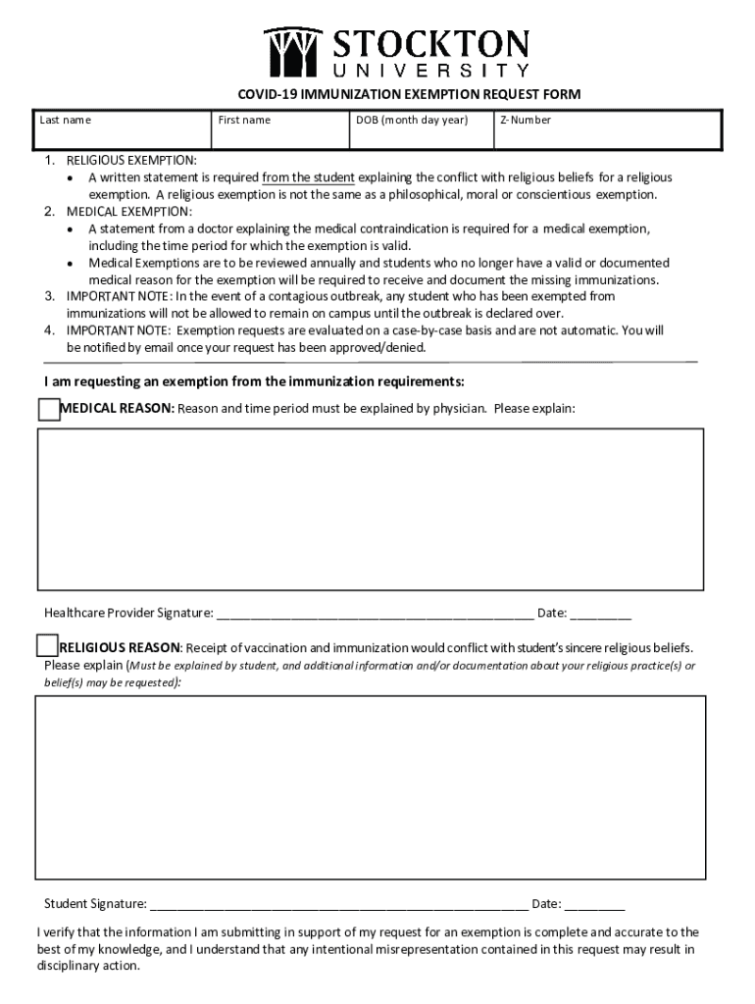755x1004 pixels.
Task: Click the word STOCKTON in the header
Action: click(x=431, y=44)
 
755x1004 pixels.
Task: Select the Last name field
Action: click(x=123, y=132)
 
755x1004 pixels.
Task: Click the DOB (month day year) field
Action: click(x=421, y=132)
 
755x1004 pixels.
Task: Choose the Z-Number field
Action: click(x=607, y=132)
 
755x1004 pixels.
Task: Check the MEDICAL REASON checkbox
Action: click(x=49, y=409)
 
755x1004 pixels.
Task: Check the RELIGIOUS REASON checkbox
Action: click(x=47, y=646)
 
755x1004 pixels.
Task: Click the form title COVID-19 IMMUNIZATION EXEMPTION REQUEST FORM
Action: click(x=409, y=95)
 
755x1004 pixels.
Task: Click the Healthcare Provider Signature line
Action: click(x=375, y=615)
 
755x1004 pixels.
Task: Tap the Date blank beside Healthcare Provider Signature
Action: click(x=600, y=615)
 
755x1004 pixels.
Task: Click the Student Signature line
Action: click(x=338, y=905)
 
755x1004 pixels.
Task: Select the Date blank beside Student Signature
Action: click(x=594, y=905)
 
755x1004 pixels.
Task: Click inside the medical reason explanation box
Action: click(x=371, y=509)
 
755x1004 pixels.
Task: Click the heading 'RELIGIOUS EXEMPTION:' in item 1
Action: click(x=131, y=160)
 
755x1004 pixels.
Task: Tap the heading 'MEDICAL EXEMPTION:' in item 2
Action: click(x=129, y=212)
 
